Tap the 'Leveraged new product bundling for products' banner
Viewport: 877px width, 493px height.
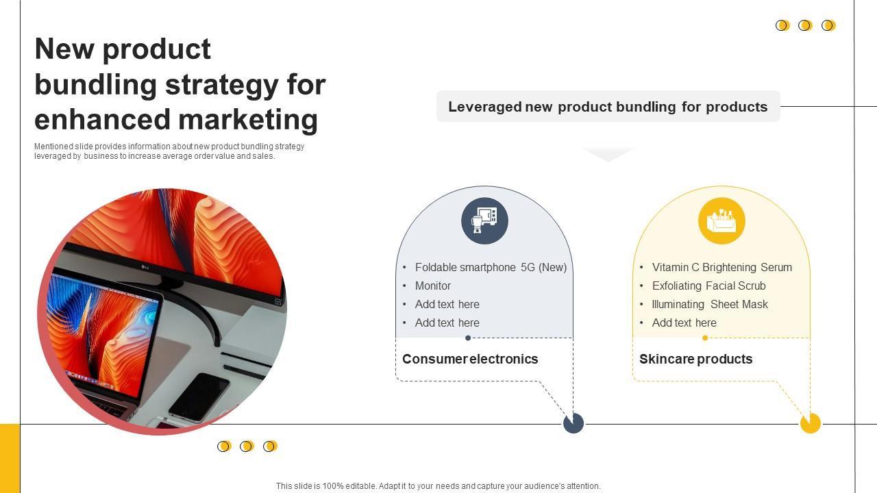coord(608,107)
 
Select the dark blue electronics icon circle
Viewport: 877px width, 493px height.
coord(484,221)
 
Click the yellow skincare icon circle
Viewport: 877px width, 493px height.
coord(721,221)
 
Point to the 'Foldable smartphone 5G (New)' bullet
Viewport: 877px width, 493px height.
coord(491,268)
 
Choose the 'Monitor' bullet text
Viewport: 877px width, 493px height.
coord(433,286)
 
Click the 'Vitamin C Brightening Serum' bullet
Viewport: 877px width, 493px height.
coord(721,268)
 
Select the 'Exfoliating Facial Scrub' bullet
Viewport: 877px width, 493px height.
coord(708,286)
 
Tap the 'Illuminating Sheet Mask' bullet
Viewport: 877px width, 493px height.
coord(710,305)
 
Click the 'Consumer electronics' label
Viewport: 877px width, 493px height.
coord(470,359)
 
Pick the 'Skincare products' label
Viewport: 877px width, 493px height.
coord(695,359)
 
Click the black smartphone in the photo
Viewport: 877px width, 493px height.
coord(199,396)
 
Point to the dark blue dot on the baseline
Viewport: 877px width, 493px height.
coord(573,423)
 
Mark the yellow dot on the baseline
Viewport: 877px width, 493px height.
coord(811,423)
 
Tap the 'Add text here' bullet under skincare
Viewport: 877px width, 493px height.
coord(684,323)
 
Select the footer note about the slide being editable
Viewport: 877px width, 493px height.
coord(438,486)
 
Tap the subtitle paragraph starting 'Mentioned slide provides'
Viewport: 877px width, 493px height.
coord(169,151)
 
